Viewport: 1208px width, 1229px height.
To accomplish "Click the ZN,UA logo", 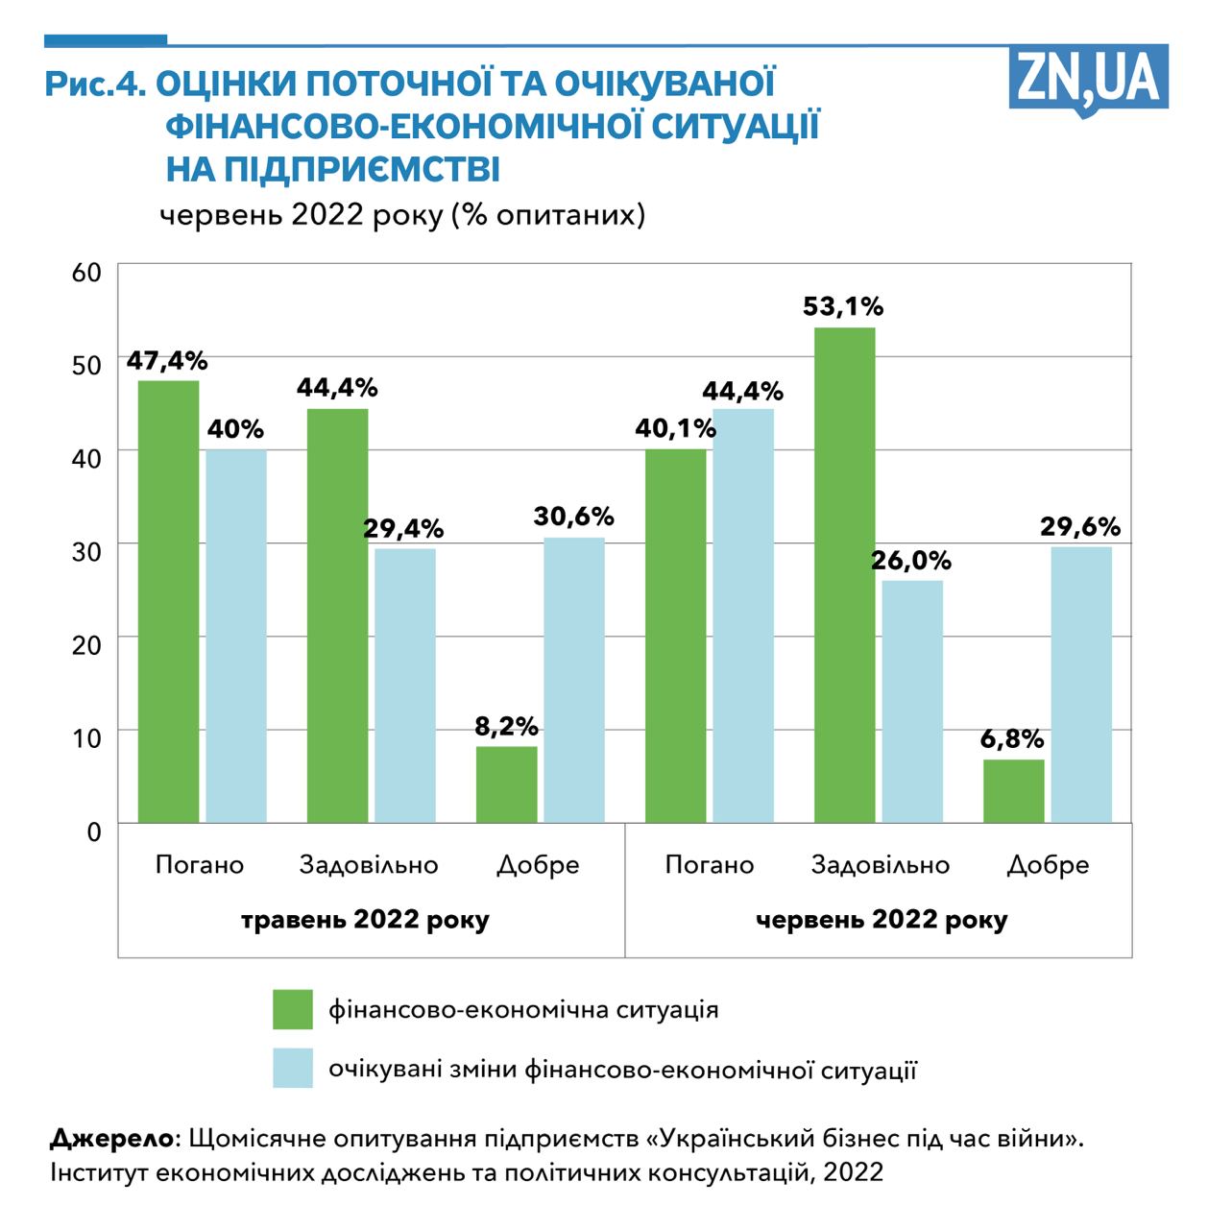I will (1088, 80).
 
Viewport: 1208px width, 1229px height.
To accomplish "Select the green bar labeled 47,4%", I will (168, 601).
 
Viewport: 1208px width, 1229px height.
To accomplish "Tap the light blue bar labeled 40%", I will (235, 636).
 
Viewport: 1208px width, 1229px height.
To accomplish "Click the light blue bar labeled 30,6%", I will (574, 680).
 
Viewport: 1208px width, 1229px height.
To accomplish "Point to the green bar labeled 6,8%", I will (1013, 790).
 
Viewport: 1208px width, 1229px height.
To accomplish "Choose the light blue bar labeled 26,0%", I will (912, 701).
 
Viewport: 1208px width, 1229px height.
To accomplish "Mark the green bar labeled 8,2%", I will (506, 783).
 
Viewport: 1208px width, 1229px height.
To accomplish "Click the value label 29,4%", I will (403, 528).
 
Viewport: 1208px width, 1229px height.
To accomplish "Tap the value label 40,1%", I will (675, 428).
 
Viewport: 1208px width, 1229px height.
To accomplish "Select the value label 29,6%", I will (1080, 526).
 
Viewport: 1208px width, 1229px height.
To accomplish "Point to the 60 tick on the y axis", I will (86, 272).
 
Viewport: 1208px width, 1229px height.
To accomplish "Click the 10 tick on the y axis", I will (86, 738).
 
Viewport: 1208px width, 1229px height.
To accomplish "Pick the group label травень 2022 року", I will (365, 920).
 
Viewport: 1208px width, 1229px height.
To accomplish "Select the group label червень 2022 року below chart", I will (882, 920).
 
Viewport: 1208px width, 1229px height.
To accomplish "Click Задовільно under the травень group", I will (369, 864).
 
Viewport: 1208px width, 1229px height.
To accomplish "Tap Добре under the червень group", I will (1048, 864).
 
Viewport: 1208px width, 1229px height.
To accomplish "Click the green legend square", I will (293, 1009).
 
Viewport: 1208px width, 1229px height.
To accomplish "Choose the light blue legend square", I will (293, 1068).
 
